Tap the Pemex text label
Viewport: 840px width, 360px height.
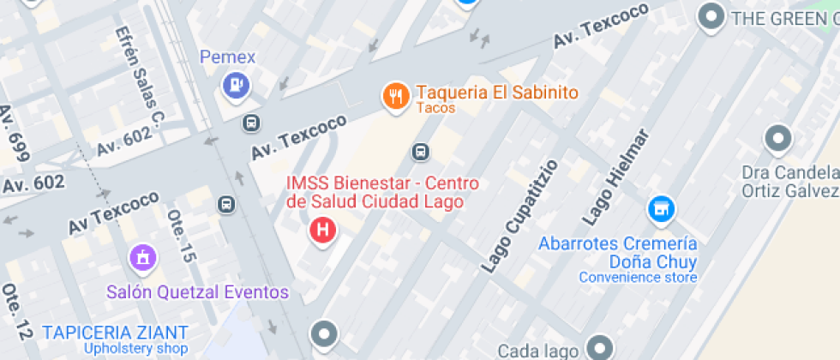click(228, 57)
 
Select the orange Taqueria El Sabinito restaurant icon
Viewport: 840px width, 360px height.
click(395, 96)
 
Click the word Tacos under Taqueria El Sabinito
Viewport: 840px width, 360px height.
click(435, 109)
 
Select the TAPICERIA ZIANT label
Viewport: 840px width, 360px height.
click(115, 333)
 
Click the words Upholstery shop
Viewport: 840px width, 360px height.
click(135, 349)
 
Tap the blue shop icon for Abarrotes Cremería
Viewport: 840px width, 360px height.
click(660, 208)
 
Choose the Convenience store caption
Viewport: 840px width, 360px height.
click(638, 277)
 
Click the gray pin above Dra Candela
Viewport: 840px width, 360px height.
click(777, 138)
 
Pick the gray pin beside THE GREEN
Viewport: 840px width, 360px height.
click(711, 16)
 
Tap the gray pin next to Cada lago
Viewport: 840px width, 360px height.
click(600, 347)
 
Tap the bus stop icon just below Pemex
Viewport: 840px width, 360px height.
click(250, 123)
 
